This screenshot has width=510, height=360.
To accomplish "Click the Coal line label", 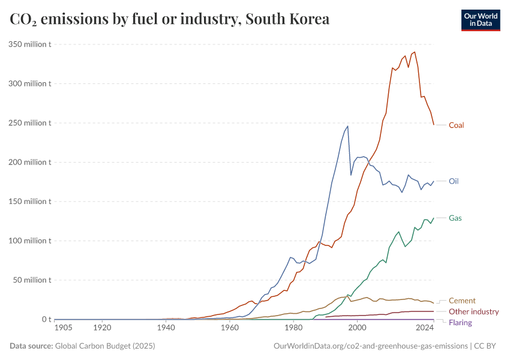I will (456, 125).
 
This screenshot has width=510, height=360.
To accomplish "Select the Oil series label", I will (454, 181).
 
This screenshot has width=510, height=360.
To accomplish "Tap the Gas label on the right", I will (455, 218).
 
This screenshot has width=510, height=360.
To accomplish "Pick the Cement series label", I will (462, 301).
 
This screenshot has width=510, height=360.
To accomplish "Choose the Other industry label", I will (474, 311).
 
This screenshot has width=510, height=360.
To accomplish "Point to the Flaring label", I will (460, 323).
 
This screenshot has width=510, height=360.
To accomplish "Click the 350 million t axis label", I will (29, 44).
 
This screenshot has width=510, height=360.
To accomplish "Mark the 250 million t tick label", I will (29, 123).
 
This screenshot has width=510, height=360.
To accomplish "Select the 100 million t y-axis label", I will (29, 241).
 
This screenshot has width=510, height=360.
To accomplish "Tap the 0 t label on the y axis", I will (45, 319).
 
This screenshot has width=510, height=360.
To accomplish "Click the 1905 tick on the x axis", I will (63, 328).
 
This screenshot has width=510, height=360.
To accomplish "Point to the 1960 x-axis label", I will (229, 328).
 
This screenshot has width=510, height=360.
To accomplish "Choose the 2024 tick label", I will (425, 328).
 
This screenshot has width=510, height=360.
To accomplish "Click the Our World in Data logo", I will (481, 20).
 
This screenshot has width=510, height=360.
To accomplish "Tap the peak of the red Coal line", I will (415, 52).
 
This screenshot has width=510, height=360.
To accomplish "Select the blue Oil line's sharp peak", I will (347, 126).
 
